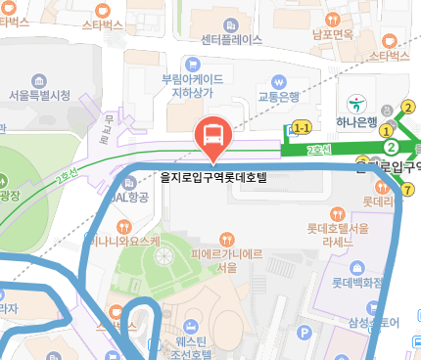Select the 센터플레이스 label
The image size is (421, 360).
pyautogui.click(x=231, y=40)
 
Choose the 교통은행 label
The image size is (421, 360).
pyautogui.click(x=278, y=96)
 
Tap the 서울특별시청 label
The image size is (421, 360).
pyautogui.click(x=39, y=95)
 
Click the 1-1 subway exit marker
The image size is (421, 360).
pyautogui.click(x=301, y=127)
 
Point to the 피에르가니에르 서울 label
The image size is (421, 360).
pyautogui.click(x=227, y=259)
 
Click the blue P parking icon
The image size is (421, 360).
pyautogui.click(x=304, y=334)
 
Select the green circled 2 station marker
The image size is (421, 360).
pyautogui.click(x=392, y=147)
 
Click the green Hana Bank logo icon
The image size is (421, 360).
pyautogui.click(x=358, y=101)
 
